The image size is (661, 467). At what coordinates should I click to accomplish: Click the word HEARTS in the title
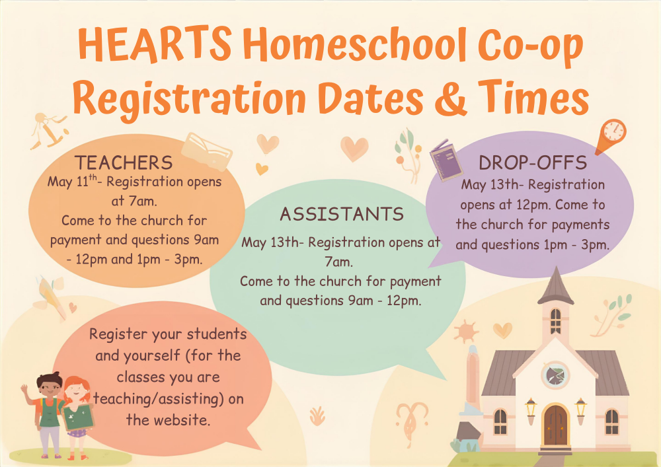click(x=154, y=44)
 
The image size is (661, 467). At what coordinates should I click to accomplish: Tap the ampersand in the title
click(x=450, y=98)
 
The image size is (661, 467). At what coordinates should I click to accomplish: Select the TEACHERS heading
click(x=124, y=162)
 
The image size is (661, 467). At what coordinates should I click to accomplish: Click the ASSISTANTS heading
click(x=342, y=214)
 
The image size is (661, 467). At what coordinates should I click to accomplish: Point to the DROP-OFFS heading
click(x=533, y=162)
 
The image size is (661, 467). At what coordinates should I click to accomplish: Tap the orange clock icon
click(x=612, y=135)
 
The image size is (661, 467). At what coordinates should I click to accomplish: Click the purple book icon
click(x=446, y=161)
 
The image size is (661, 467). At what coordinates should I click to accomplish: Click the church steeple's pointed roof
click(x=556, y=285)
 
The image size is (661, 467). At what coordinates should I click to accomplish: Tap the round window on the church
click(x=555, y=375)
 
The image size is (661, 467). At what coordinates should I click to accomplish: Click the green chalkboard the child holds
click(x=77, y=417)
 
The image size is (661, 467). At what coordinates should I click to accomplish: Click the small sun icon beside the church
click(x=466, y=331)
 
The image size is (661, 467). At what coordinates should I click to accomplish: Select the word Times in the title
click(x=533, y=98)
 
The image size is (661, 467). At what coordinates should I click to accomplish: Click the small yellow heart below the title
click(x=262, y=169)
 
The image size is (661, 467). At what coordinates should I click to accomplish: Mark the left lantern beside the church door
click(x=530, y=411)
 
